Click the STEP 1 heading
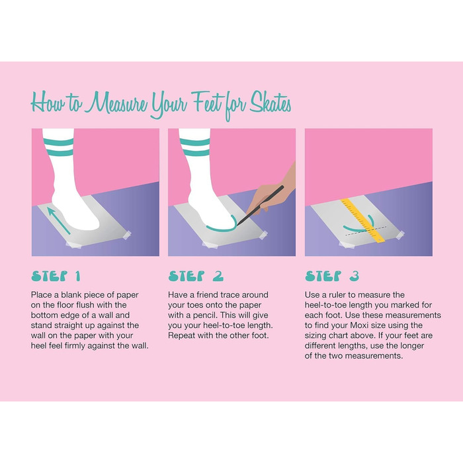tap(56, 276)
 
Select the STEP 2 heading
tap(196, 276)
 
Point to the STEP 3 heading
tap(332, 276)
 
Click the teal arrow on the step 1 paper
tap(59, 220)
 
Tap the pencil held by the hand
tap(260, 206)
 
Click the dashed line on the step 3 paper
tap(366, 231)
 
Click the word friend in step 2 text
tap(207, 295)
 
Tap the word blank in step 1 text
tap(71, 295)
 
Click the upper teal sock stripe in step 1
tap(58, 143)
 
